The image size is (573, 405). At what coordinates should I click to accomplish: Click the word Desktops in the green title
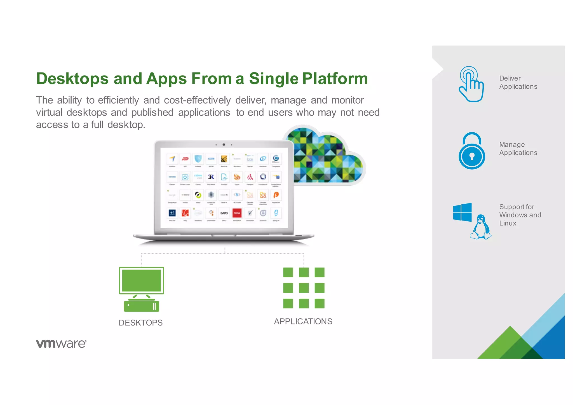click(72, 79)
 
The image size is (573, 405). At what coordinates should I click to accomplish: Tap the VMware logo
click(61, 343)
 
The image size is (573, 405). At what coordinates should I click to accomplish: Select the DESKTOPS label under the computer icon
click(140, 323)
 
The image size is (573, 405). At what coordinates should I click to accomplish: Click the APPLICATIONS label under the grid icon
click(303, 321)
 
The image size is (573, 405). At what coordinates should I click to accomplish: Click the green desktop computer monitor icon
click(142, 280)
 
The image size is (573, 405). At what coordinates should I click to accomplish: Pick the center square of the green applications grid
click(304, 288)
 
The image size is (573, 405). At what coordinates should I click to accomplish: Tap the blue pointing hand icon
click(471, 84)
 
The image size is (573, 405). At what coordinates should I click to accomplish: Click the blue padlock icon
click(472, 151)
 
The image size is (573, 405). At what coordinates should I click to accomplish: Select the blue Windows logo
click(462, 212)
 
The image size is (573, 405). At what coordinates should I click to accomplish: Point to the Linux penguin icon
click(481, 227)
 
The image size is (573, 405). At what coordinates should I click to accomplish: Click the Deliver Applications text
click(518, 82)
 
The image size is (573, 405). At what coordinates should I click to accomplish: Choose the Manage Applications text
click(518, 149)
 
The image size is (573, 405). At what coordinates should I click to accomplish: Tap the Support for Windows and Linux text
click(520, 215)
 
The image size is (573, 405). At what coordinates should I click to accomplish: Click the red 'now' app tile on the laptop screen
click(237, 213)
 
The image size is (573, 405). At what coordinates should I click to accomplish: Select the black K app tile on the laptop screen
click(211, 177)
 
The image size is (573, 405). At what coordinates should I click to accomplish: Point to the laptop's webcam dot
click(224, 145)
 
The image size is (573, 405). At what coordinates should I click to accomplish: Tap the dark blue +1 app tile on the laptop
click(172, 213)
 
